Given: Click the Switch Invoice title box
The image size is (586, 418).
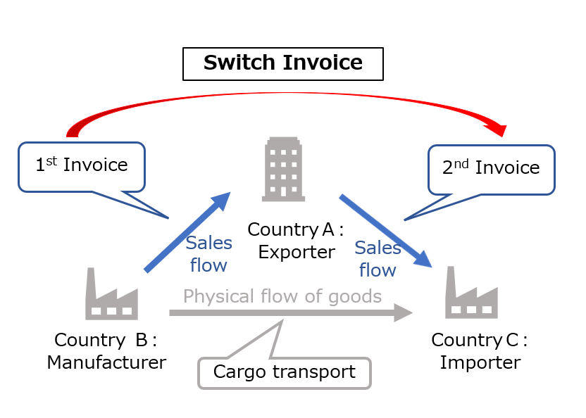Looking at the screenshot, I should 283,63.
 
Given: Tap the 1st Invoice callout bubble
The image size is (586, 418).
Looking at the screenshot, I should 82,166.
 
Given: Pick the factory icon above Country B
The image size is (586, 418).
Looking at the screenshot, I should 111,296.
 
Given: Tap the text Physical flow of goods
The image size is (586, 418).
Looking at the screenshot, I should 282,296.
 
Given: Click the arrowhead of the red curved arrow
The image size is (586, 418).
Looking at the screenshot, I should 499,128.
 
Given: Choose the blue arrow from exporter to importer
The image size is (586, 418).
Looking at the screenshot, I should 385,231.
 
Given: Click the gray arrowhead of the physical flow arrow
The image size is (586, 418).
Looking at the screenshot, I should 403,312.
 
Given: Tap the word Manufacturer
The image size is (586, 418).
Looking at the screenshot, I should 106,362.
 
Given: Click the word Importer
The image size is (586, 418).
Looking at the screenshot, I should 480,362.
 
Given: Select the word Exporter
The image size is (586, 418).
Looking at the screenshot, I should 296,251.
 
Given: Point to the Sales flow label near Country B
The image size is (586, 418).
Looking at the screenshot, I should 208,254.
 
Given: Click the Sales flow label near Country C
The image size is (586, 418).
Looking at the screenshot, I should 378,258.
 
